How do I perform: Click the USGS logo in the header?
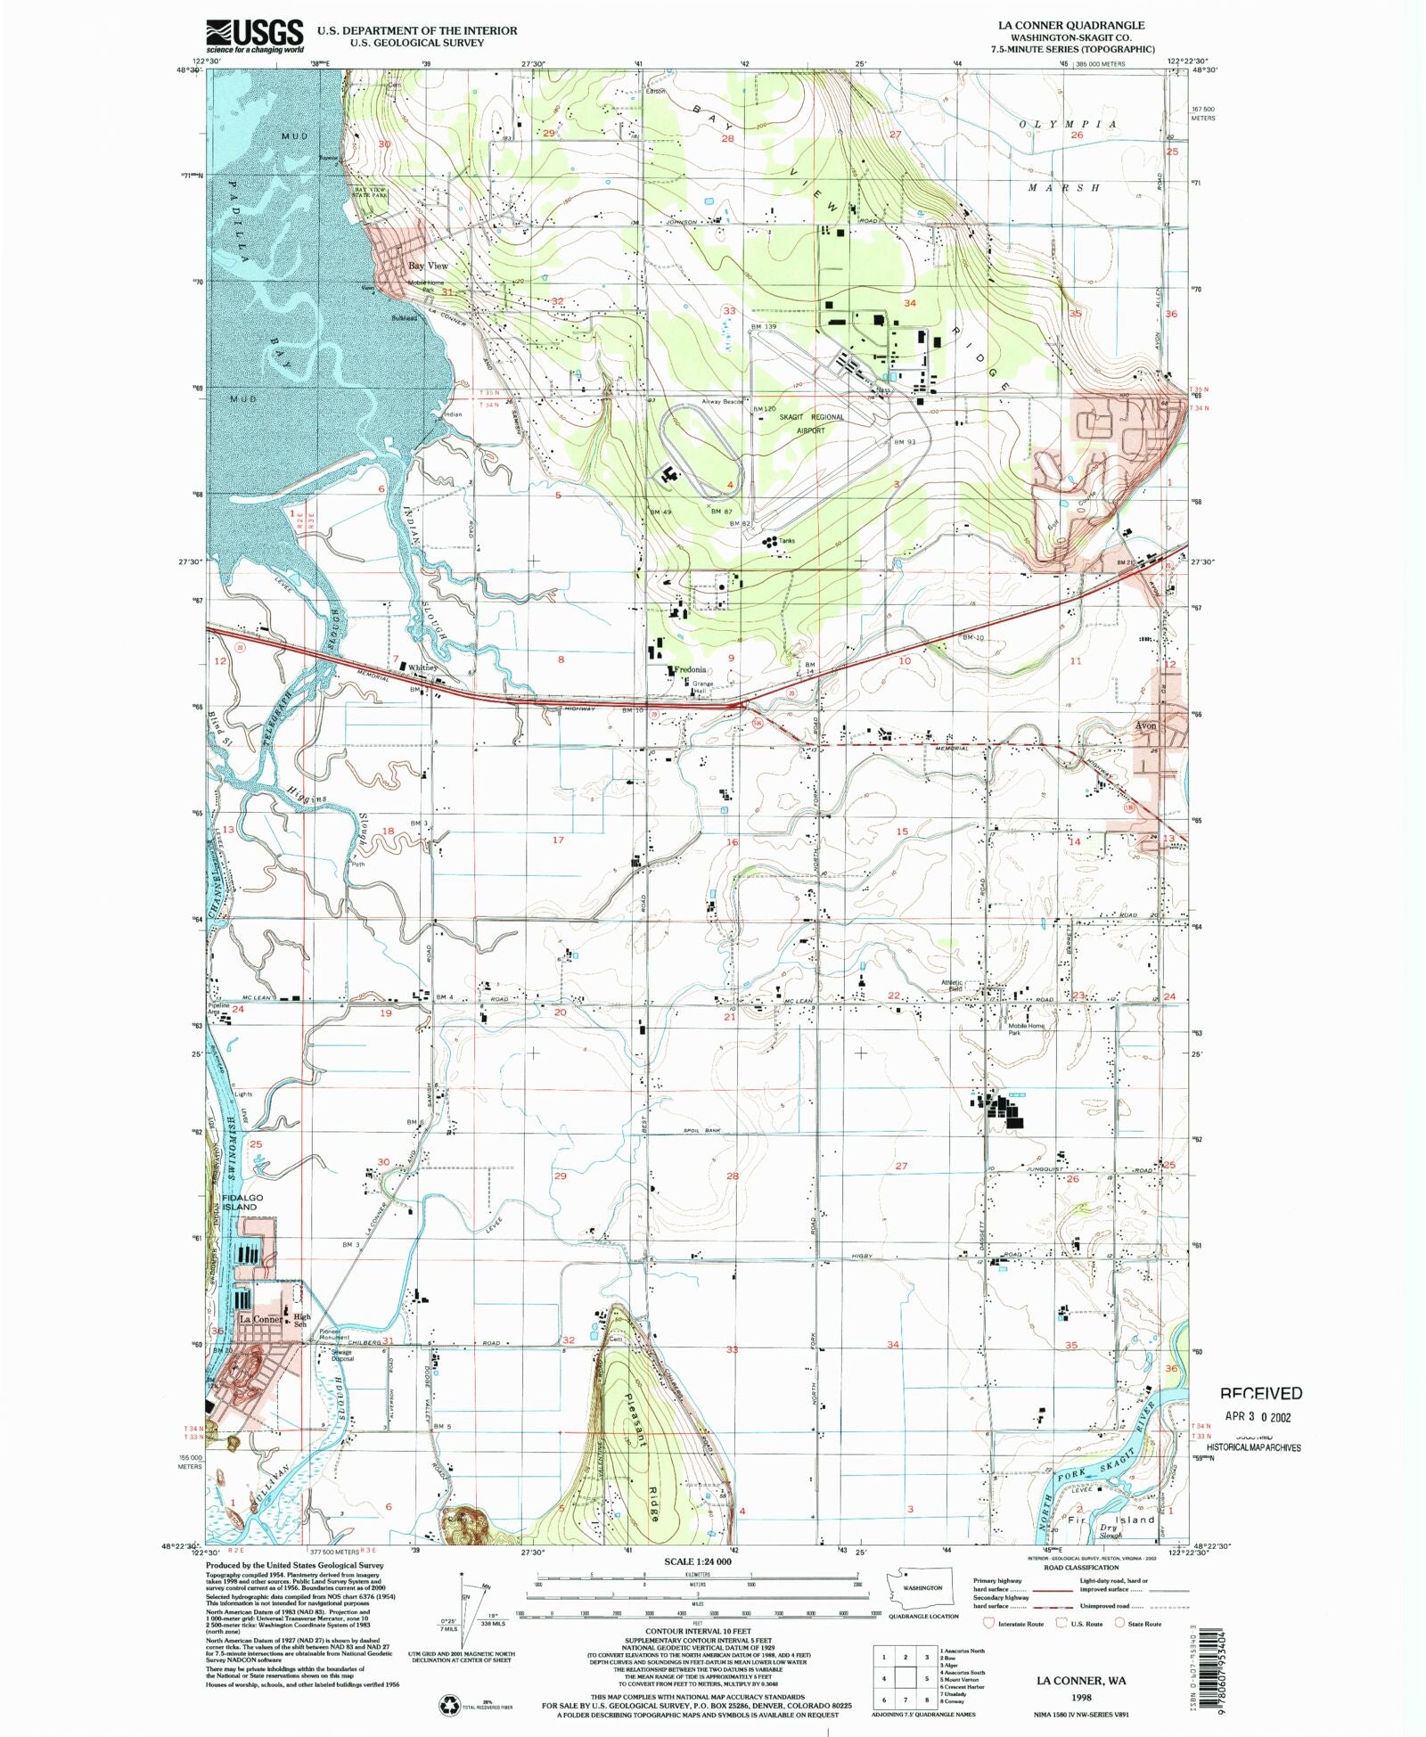255,36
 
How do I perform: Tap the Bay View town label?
428,266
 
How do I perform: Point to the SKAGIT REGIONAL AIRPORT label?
810,423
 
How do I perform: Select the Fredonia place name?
690,669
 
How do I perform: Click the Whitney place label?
423,668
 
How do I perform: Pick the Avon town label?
1145,725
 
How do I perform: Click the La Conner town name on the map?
260,1319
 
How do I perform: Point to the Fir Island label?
1110,1520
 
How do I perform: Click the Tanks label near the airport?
786,541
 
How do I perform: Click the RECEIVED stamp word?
1260,1393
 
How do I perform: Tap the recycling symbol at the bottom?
448,1704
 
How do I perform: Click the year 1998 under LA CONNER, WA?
1080,1698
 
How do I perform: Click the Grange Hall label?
703,687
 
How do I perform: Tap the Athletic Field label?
953,987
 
